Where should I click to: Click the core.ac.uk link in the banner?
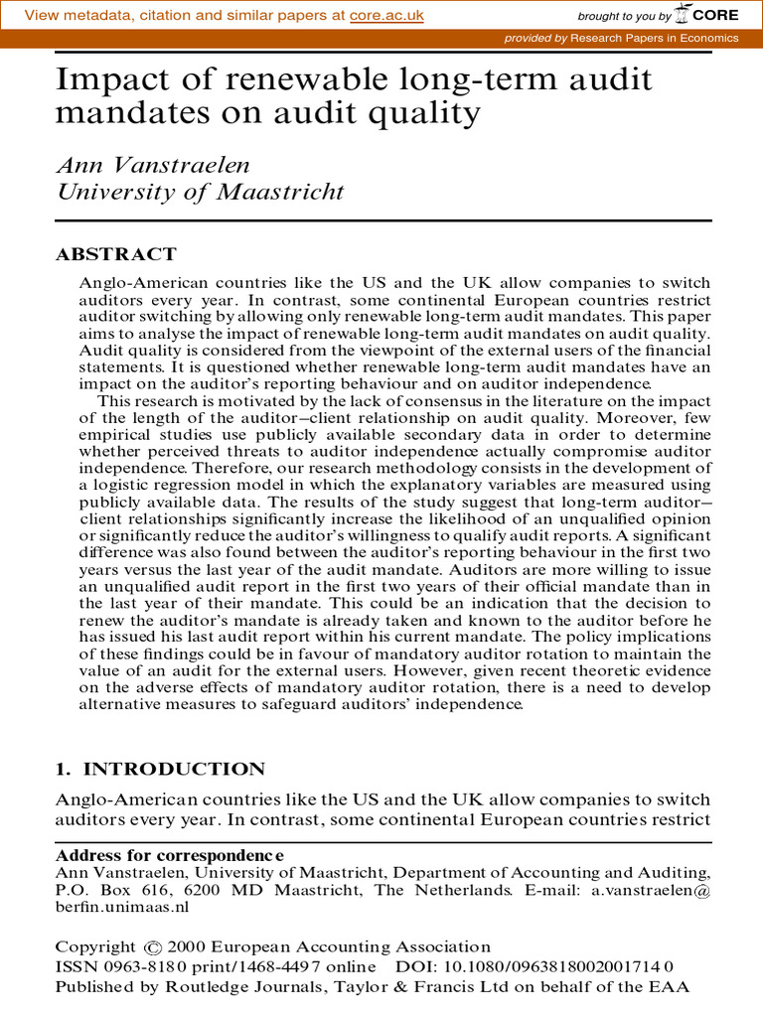(x=387, y=16)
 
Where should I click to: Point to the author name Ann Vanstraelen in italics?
(x=155, y=165)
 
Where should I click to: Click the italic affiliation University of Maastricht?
(x=200, y=192)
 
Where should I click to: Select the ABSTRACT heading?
(x=115, y=253)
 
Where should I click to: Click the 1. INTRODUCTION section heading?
(x=160, y=769)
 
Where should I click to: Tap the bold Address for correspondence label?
(x=169, y=855)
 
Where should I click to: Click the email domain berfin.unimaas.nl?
(x=121, y=907)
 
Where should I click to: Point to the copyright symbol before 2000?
(x=152, y=947)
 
